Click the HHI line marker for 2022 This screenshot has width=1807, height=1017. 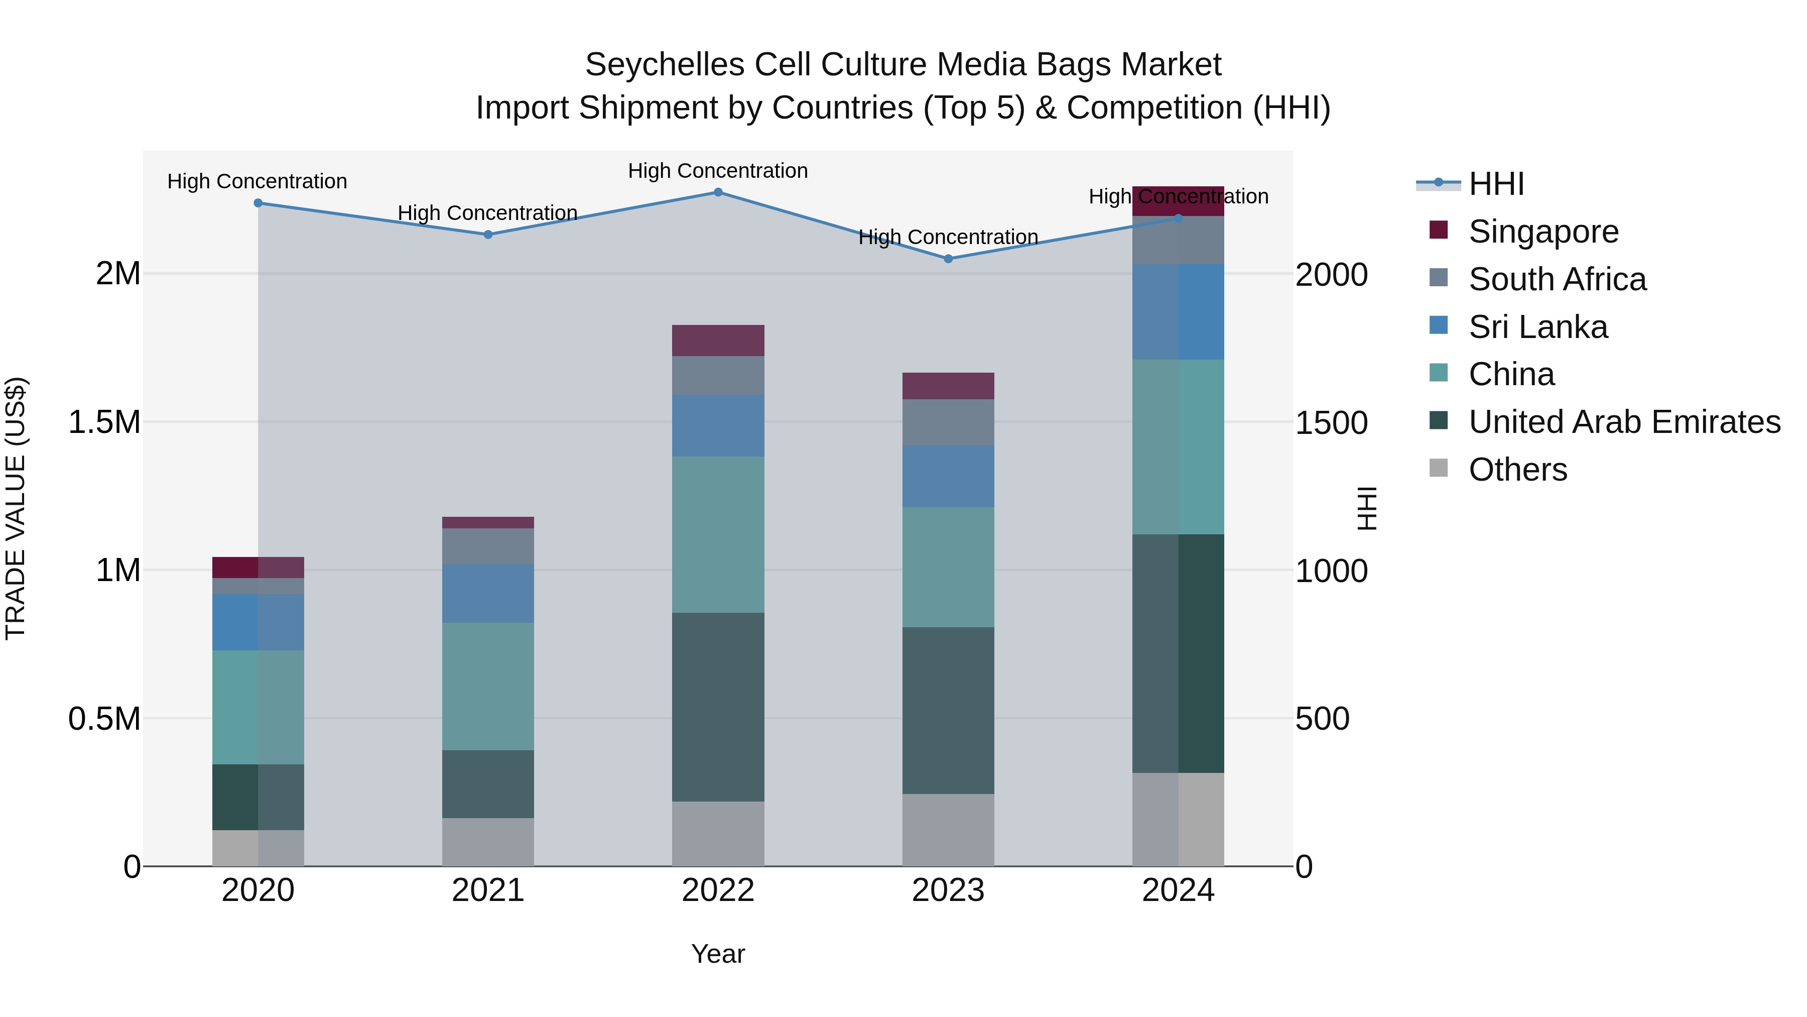click(718, 192)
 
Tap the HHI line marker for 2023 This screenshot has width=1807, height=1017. click(948, 259)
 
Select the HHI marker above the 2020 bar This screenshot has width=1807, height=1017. click(258, 203)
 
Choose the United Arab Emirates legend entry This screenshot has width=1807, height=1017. click(1624, 422)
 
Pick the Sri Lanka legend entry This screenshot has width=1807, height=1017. click(1537, 327)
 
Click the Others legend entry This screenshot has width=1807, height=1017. click(1517, 470)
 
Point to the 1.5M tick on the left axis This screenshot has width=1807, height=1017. click(104, 422)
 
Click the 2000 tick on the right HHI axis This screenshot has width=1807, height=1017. click(1331, 274)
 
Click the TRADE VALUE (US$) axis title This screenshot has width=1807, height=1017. click(16, 508)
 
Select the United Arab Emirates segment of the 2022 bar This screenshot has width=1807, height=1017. click(718, 707)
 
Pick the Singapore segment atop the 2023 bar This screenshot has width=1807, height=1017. click(948, 386)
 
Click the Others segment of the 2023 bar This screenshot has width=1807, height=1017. click(948, 830)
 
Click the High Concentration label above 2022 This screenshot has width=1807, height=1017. click(718, 171)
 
